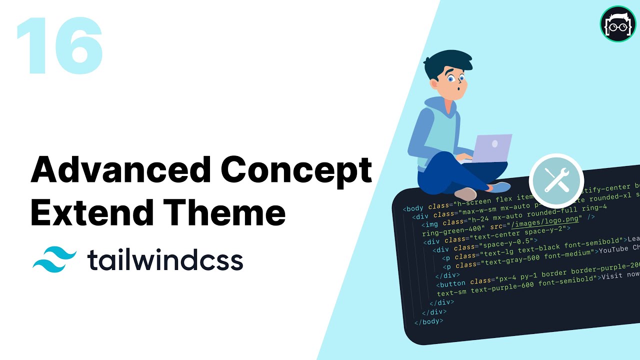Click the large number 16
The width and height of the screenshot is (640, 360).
tap(60, 46)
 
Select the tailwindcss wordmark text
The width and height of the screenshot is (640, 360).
tap(165, 260)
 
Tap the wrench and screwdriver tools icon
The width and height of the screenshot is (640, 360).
tap(556, 180)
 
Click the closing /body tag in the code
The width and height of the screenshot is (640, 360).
tap(428, 321)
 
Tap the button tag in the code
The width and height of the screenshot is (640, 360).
tap(453, 283)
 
